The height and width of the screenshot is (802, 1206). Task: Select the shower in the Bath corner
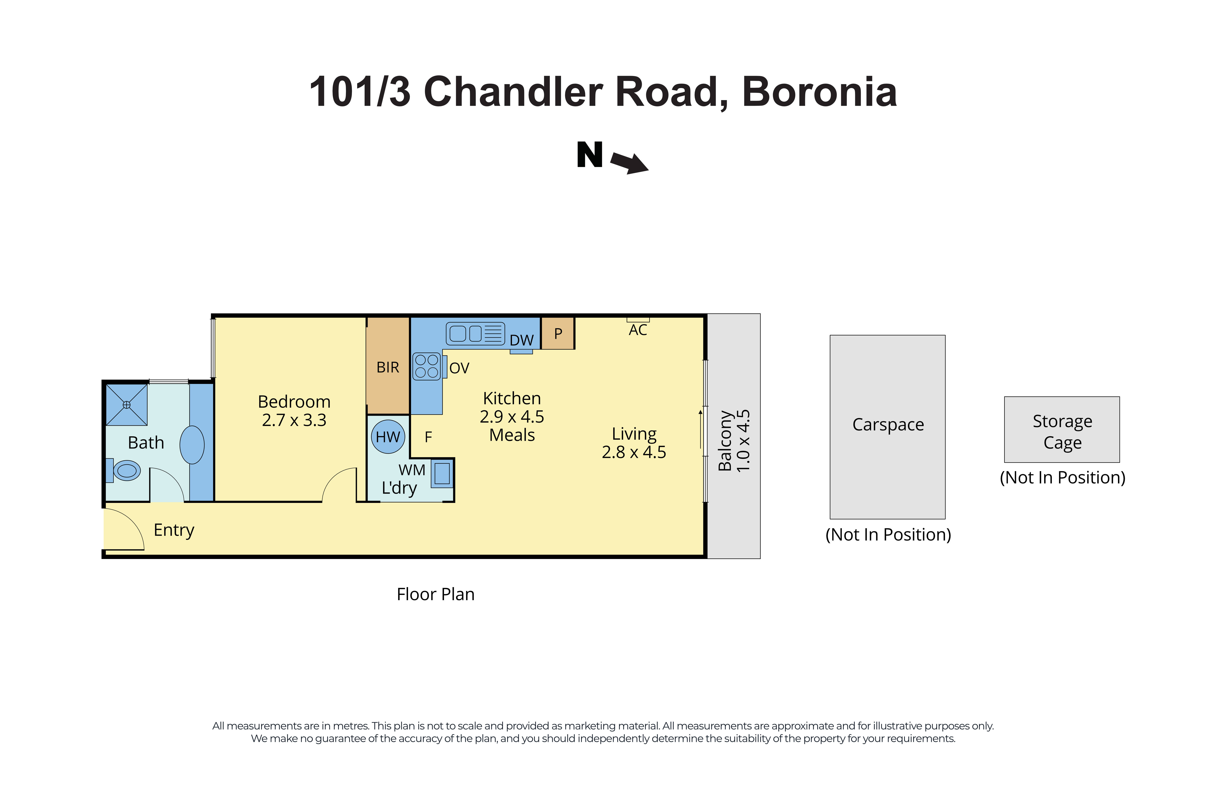(126, 405)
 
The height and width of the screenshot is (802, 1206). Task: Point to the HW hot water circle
(388, 436)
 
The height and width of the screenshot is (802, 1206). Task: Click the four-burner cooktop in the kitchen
(427, 366)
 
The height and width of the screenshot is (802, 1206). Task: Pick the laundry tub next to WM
(442, 473)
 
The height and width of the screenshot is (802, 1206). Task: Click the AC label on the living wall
(638, 330)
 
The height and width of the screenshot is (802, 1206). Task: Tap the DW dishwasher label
(521, 340)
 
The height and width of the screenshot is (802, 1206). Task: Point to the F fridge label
(428, 437)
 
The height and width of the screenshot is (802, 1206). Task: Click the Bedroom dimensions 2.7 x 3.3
(294, 420)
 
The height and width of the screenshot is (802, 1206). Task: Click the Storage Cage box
(1062, 430)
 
